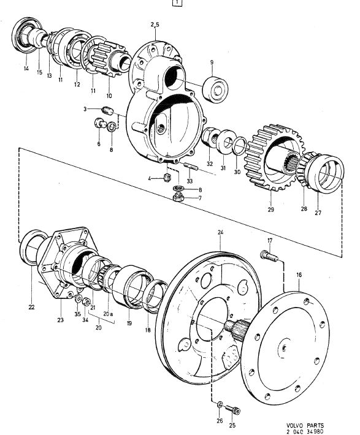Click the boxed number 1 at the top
[x=177, y=3]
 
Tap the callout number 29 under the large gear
[x=271, y=210]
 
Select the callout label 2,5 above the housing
[x=155, y=25]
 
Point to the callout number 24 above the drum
[x=220, y=232]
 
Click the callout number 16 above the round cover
[x=299, y=275]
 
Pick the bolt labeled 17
[x=269, y=255]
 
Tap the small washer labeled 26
[x=220, y=404]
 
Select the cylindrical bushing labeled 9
[x=215, y=89]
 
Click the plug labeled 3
[x=107, y=110]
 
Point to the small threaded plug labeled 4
[x=167, y=177]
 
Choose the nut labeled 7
[x=178, y=197]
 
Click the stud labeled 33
[x=191, y=167]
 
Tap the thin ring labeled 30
[x=239, y=146]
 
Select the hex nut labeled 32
[x=210, y=137]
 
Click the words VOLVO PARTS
[x=305, y=426]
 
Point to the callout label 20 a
[x=108, y=314]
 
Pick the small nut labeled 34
[x=86, y=302]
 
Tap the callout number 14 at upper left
[x=26, y=68]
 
